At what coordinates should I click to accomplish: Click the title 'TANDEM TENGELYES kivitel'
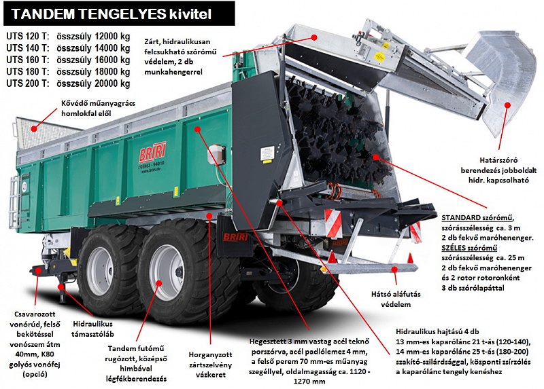[111, 14]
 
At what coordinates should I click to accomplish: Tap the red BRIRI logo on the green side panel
[152, 151]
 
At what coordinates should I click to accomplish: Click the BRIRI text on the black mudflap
[235, 237]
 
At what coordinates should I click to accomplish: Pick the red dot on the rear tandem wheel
[159, 283]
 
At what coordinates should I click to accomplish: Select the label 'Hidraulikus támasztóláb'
[92, 329]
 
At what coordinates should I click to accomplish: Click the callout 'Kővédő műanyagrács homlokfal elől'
[98, 108]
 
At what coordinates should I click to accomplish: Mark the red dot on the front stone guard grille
[33, 129]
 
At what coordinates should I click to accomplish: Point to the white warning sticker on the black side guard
[267, 154]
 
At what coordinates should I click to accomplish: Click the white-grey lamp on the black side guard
[216, 155]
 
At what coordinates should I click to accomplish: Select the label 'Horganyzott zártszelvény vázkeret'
[211, 365]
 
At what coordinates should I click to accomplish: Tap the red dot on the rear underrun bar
[394, 269]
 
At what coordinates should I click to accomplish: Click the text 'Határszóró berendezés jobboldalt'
[498, 165]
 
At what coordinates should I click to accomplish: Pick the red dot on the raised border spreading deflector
[507, 105]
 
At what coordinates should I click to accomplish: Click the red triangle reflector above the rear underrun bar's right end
[410, 258]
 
